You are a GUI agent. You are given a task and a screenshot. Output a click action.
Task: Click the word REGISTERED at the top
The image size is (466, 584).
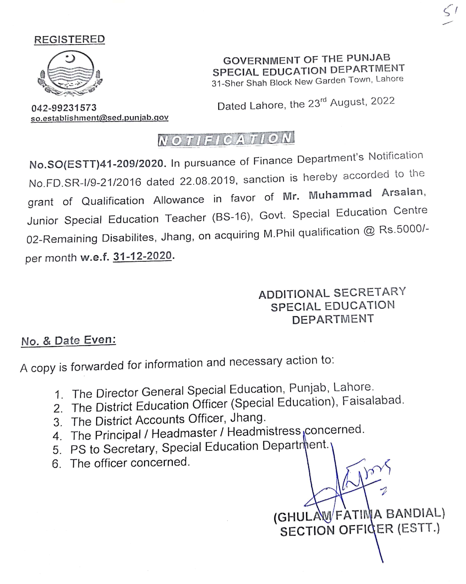(x=69, y=39)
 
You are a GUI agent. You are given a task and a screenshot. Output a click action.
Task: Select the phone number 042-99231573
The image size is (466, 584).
(x=64, y=108)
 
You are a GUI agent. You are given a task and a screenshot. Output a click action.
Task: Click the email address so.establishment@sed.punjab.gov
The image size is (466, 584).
(x=99, y=118)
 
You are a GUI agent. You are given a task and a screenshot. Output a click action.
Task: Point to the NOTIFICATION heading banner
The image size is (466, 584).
(x=226, y=139)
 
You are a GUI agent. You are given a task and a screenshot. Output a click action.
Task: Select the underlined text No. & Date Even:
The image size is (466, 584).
(x=69, y=340)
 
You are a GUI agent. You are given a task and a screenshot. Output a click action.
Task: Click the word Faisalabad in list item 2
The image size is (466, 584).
(x=373, y=401)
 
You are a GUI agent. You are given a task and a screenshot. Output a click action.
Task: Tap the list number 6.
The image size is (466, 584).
(x=56, y=464)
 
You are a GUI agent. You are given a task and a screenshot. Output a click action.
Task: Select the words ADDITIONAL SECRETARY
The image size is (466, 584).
(x=332, y=293)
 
